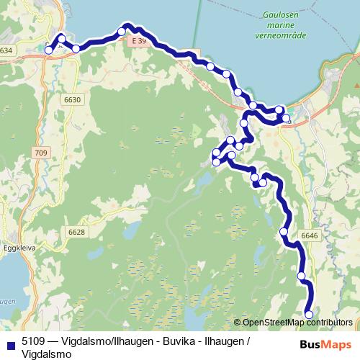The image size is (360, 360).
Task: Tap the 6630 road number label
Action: [x=72, y=99]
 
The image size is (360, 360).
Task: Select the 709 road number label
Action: [x=40, y=153]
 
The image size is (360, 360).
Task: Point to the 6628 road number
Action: [x=77, y=232]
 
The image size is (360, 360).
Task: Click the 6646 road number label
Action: [x=309, y=235]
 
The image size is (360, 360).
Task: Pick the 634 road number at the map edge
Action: [x=6, y=50]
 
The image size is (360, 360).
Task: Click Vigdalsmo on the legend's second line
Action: [x=47, y=354]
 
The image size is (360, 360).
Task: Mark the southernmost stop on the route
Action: [x=309, y=314]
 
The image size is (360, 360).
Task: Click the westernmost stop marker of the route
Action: [x=49, y=50]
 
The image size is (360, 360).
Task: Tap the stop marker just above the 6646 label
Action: [x=284, y=231]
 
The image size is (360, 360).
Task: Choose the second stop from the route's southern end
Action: [x=302, y=276]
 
